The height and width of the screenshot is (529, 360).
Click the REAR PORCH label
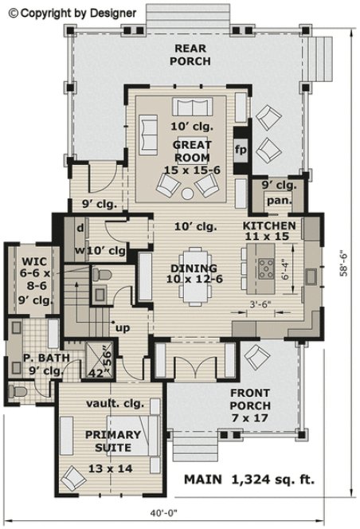point(192,54)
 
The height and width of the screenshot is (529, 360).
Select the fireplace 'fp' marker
point(240,148)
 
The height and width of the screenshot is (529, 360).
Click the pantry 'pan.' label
point(278,200)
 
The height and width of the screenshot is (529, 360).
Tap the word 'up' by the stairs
point(123,327)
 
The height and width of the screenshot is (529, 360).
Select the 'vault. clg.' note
point(113,404)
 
